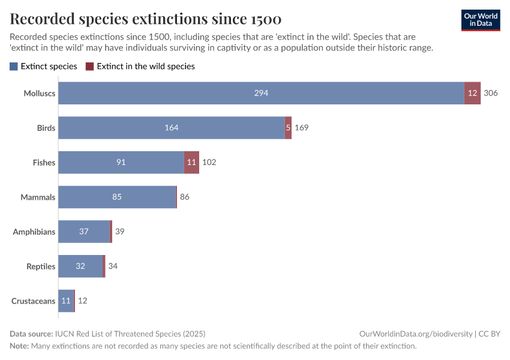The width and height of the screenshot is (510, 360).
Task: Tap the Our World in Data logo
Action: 480,20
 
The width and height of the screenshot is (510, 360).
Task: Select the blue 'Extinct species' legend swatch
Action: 14,67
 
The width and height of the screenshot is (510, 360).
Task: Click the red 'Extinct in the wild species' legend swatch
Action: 90,67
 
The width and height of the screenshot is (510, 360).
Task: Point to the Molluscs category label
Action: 40,93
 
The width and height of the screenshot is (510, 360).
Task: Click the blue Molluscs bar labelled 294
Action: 261,93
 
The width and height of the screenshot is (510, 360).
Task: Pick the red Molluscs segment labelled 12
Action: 472,93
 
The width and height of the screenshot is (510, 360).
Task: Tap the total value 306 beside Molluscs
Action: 491,93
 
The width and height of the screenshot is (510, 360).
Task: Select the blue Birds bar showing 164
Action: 172,128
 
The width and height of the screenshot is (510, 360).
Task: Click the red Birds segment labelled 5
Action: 288,128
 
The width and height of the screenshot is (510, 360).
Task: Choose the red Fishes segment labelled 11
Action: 191,163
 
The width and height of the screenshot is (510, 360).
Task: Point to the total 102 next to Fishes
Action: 209,163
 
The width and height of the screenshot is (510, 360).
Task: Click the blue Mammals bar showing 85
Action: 117,197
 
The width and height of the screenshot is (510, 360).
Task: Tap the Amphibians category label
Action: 34,232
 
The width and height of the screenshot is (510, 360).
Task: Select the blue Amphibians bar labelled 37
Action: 84,232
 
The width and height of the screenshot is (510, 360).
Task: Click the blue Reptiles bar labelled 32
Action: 80,266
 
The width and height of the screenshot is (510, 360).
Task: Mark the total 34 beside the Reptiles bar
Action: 113,266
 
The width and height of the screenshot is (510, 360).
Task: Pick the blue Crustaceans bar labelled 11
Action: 66,301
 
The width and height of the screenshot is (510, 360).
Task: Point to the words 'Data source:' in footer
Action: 31,334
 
